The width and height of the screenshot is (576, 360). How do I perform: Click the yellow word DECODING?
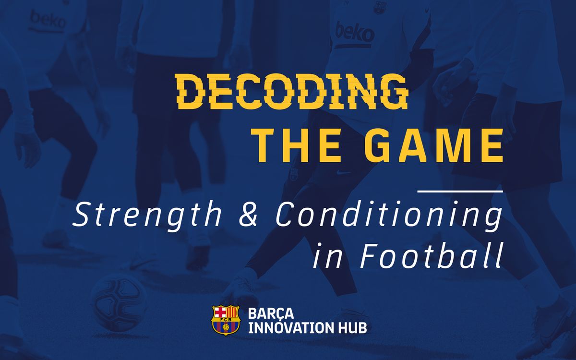(292, 91)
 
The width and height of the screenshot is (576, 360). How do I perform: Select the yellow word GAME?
(434, 145)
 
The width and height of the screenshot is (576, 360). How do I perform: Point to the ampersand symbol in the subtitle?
(248, 214)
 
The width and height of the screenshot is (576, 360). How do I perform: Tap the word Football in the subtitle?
(431, 255)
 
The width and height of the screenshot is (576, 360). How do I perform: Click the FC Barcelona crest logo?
(226, 320)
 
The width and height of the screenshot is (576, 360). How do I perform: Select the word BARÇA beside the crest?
(271, 313)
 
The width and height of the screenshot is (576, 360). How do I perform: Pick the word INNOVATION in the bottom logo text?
(289, 328)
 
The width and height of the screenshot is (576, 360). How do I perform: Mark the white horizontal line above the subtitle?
(460, 192)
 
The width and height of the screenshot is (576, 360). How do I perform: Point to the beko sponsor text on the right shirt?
(354, 33)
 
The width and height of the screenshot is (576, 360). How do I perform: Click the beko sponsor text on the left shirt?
(48, 20)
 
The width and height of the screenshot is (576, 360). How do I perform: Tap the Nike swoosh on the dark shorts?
(343, 172)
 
